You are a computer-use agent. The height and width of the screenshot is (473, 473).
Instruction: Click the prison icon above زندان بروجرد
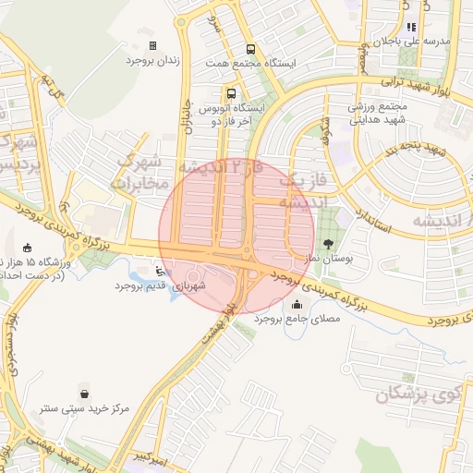153,45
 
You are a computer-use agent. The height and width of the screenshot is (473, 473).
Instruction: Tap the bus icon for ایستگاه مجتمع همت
249,50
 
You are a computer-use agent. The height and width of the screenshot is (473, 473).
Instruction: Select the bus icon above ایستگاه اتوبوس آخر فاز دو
230,93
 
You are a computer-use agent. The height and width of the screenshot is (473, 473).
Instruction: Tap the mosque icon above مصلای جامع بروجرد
297,305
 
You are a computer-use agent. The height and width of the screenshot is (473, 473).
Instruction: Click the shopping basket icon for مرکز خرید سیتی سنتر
85,393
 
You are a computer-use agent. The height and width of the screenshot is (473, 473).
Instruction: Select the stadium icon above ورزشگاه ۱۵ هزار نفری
27,248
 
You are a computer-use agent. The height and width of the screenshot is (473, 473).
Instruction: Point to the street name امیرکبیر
149,457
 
